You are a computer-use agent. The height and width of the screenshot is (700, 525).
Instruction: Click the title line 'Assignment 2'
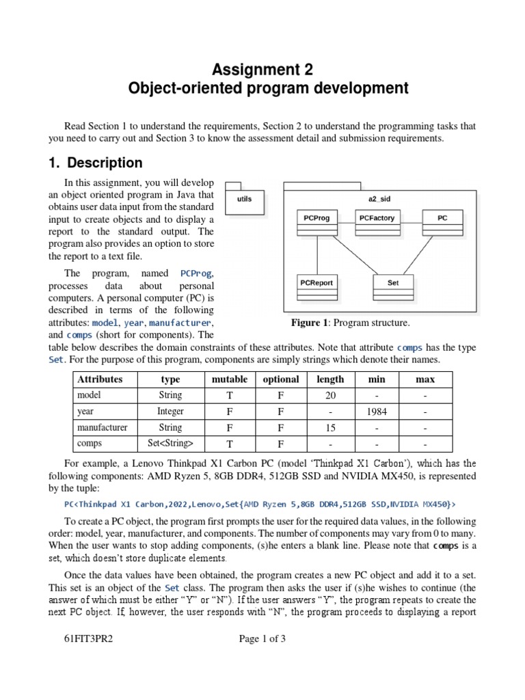pyautogui.click(x=262, y=69)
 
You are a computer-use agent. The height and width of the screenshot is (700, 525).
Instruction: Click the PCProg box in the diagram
pyautogui.click(x=317, y=223)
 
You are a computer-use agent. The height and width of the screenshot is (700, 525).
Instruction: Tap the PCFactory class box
pyautogui.click(x=377, y=223)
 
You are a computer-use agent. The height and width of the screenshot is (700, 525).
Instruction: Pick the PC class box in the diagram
pyautogui.click(x=442, y=223)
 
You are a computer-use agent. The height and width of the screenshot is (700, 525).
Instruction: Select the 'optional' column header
pyautogui.click(x=281, y=379)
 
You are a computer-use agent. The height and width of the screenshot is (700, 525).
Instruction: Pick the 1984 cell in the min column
pyautogui.click(x=377, y=412)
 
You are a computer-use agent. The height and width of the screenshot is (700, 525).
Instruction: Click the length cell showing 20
pyautogui.click(x=330, y=395)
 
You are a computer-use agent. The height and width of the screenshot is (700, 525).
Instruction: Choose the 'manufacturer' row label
pyautogui.click(x=102, y=428)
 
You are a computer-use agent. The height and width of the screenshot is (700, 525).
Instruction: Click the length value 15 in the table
pyautogui.click(x=330, y=428)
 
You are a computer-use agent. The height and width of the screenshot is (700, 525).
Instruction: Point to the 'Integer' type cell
pyautogui.click(x=170, y=412)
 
